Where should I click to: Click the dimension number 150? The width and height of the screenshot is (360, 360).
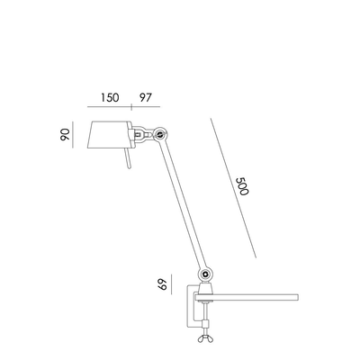coord(111,96)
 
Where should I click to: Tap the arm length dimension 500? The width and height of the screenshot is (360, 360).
coord(241,186)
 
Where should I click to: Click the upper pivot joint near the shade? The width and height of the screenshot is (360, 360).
coord(160,134)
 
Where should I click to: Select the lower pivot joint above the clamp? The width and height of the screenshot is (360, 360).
coord(209,272)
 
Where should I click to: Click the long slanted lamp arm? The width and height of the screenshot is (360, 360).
coord(184,203)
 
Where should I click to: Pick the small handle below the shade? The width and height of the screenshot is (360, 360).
coord(130,161)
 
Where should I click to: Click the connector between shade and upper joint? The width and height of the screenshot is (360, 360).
coord(142,135)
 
